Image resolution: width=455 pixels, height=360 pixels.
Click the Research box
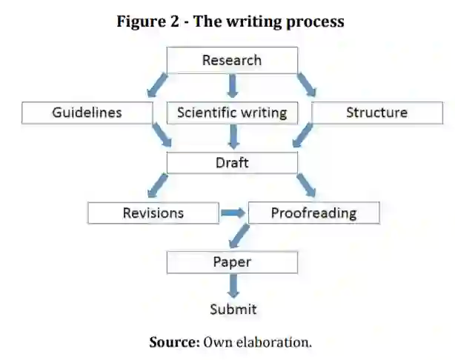click(232, 61)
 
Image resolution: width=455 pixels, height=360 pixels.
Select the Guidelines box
click(87, 113)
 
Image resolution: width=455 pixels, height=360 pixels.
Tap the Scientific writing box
click(232, 113)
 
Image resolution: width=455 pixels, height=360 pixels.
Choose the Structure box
click(376, 113)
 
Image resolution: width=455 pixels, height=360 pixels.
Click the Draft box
click(232, 163)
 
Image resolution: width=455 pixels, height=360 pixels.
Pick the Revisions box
click(153, 213)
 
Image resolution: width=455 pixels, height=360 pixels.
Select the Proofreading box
click(313, 213)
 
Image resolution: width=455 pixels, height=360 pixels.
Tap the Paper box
click(232, 262)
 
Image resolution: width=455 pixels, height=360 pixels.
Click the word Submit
click(233, 309)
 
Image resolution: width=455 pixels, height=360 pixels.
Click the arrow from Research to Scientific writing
click(232, 87)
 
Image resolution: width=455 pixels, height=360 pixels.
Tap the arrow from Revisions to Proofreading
click(233, 214)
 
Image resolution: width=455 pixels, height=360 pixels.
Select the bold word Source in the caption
click(175, 341)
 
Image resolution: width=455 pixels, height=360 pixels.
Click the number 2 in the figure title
click(176, 21)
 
